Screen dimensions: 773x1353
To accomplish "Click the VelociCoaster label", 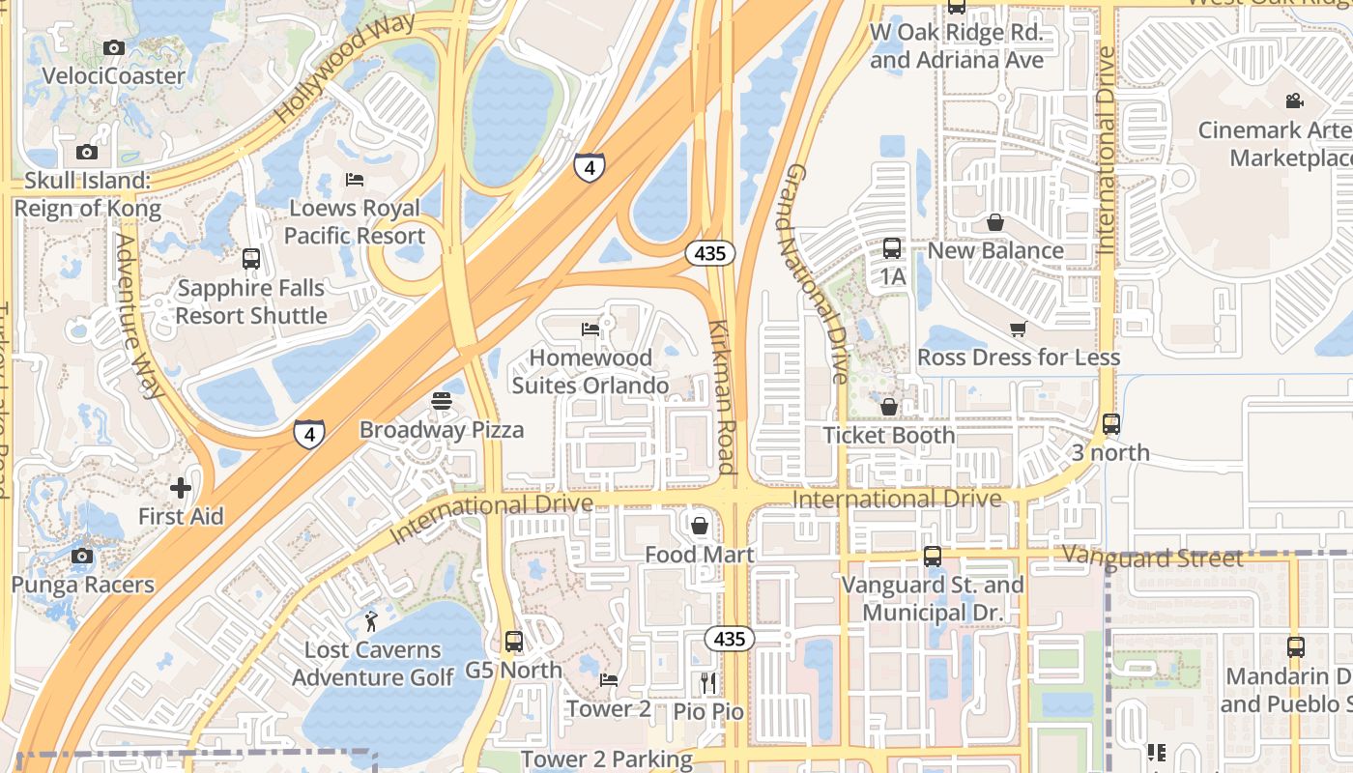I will click(x=113, y=75).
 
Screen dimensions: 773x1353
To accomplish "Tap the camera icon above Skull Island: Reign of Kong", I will click(x=87, y=152).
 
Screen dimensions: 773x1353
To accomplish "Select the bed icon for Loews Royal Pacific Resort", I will click(x=355, y=180).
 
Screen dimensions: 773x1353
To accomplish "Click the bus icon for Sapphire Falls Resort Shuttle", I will click(x=251, y=259).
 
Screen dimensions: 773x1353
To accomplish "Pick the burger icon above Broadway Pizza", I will click(x=442, y=401).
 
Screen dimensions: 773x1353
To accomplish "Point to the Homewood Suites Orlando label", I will click(x=590, y=372).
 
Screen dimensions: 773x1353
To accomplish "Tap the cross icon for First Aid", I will click(x=181, y=488).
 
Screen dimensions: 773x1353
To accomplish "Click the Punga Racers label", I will click(x=82, y=585).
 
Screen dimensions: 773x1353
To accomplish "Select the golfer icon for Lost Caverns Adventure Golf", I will click(x=372, y=620).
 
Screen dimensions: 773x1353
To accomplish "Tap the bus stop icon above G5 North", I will click(x=514, y=641).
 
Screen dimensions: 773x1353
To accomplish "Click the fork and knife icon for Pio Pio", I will click(x=708, y=683).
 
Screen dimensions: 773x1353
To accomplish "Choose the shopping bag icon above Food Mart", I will click(x=700, y=526).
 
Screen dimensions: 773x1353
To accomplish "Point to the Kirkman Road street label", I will click(x=723, y=396).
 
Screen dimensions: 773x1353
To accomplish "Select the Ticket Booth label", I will click(x=888, y=435).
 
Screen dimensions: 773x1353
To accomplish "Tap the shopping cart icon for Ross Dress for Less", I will click(x=1018, y=329).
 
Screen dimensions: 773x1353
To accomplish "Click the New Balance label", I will click(x=995, y=250).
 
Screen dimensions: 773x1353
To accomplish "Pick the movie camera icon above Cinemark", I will click(x=1294, y=100).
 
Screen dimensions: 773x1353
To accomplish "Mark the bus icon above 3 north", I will click(x=1111, y=423).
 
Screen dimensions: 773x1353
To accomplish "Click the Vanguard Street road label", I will click(x=1152, y=558).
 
